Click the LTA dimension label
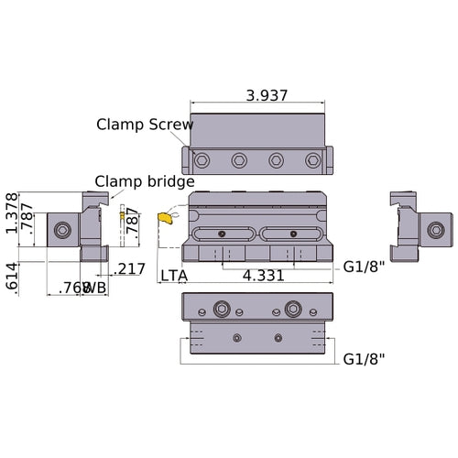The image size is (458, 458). click(175, 275)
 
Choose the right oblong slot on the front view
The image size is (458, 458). click(292, 234)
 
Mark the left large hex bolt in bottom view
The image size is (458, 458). click(222, 308)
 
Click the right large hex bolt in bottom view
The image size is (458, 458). click(294, 308)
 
